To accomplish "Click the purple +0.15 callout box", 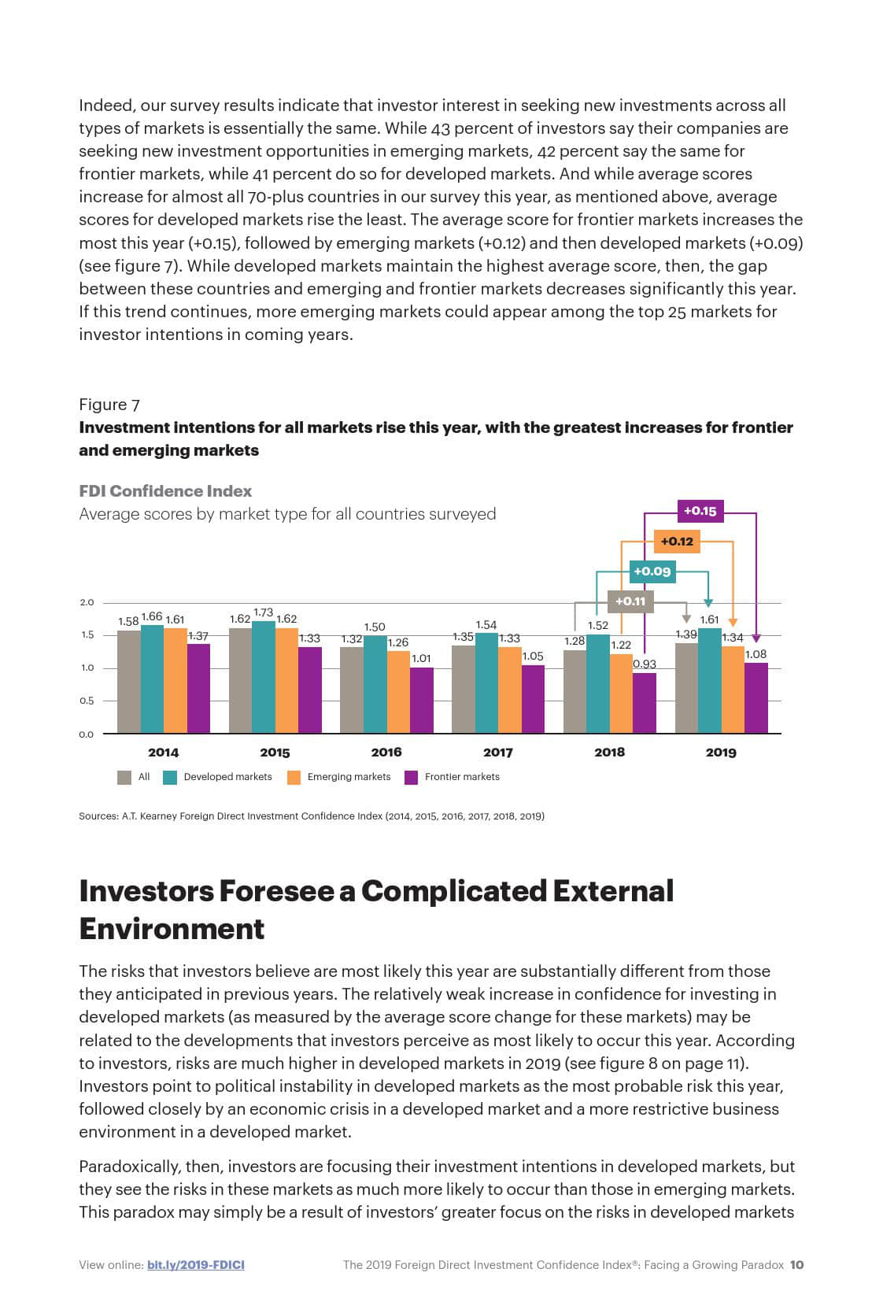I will click(700, 511).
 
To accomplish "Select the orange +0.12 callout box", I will click(676, 542).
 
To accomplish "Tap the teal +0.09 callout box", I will click(652, 571).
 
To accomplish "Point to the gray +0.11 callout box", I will click(630, 601).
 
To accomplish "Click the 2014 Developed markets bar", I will click(152, 679).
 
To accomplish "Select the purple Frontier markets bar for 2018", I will click(645, 703).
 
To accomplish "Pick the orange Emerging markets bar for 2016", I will click(398, 692).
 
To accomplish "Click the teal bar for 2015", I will click(264, 677).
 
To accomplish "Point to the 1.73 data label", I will click(264, 612).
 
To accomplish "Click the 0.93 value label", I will click(645, 664).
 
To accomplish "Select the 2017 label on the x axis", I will click(497, 753).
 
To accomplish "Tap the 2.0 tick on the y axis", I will click(87, 603).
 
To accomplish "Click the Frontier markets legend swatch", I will click(411, 778).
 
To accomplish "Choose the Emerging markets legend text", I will click(349, 777).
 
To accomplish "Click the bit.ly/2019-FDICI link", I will click(195, 1265).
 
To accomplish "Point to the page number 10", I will click(796, 1265).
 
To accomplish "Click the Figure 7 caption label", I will click(109, 405).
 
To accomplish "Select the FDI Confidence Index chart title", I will click(165, 491).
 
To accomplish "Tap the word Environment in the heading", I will click(172, 929).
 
